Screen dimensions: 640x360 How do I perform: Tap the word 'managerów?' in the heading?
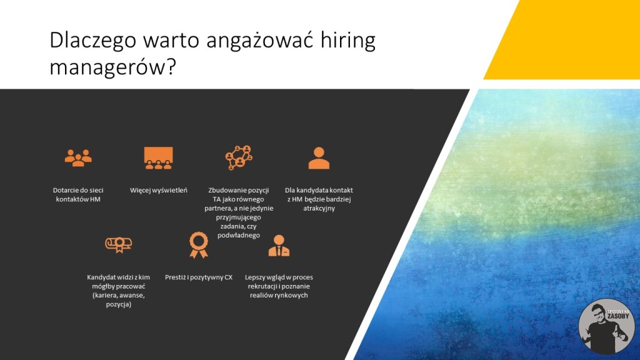tap(112, 67)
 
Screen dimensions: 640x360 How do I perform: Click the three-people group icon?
tap(78, 158)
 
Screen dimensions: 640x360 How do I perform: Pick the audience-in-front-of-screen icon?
tap(158, 158)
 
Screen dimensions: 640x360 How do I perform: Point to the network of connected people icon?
tap(239, 157)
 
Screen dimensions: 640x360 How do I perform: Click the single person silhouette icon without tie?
tap(319, 158)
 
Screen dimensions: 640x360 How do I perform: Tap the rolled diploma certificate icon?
tap(118, 244)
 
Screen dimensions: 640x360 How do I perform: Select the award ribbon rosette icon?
tap(199, 245)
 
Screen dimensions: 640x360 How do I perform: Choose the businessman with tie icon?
tap(279, 245)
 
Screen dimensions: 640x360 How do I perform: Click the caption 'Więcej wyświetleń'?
tap(158, 190)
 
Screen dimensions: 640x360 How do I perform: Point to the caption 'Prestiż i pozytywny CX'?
tap(199, 277)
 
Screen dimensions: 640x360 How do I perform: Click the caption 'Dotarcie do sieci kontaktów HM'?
tap(78, 195)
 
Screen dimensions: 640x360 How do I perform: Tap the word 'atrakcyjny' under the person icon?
tap(319, 208)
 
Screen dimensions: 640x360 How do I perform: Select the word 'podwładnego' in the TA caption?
tap(239, 235)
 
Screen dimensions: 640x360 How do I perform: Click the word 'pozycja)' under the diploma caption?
tap(118, 304)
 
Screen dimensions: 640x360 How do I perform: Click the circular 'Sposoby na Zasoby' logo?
tap(606, 326)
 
